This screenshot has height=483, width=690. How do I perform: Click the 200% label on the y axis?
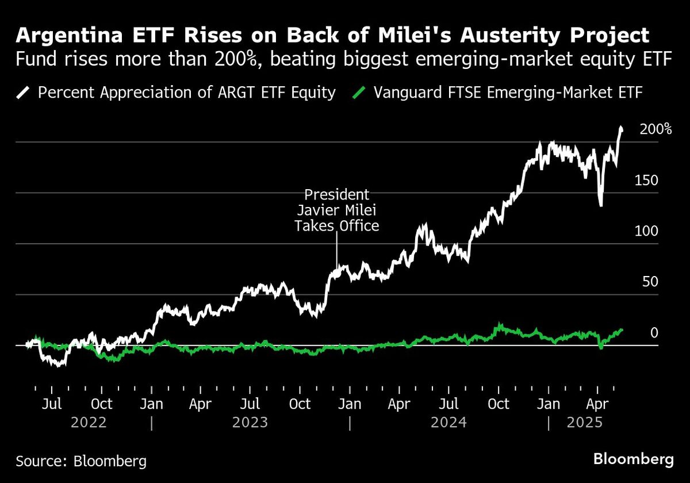click(655, 129)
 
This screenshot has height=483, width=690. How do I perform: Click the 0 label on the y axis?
click(653, 332)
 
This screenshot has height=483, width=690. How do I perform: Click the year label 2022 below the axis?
click(89, 423)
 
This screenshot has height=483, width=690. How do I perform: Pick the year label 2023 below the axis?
click(250, 423)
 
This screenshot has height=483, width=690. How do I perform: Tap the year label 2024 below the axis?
click(448, 423)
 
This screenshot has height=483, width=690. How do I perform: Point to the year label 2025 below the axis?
click(585, 423)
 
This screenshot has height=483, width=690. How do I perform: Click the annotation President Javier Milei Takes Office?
click(337, 210)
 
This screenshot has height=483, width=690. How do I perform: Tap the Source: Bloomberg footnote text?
click(80, 461)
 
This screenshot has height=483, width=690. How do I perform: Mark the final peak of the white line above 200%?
click(620, 128)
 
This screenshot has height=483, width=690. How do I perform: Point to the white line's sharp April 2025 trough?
click(601, 205)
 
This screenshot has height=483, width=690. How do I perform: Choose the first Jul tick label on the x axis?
click(52, 404)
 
